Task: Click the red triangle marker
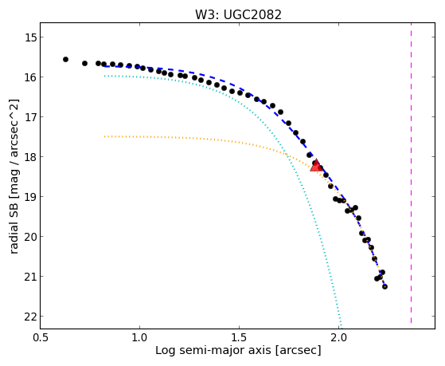point(316,167)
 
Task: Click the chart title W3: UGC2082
point(238,15)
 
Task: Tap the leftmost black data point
point(65,60)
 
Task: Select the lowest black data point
point(384,286)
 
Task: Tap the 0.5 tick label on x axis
point(40,338)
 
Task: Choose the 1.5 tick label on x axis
point(239,338)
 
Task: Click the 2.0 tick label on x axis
point(338,338)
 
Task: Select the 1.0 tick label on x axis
point(139,338)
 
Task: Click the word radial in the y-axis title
point(14,238)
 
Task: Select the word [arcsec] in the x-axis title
point(298,351)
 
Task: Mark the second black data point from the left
point(84,64)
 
